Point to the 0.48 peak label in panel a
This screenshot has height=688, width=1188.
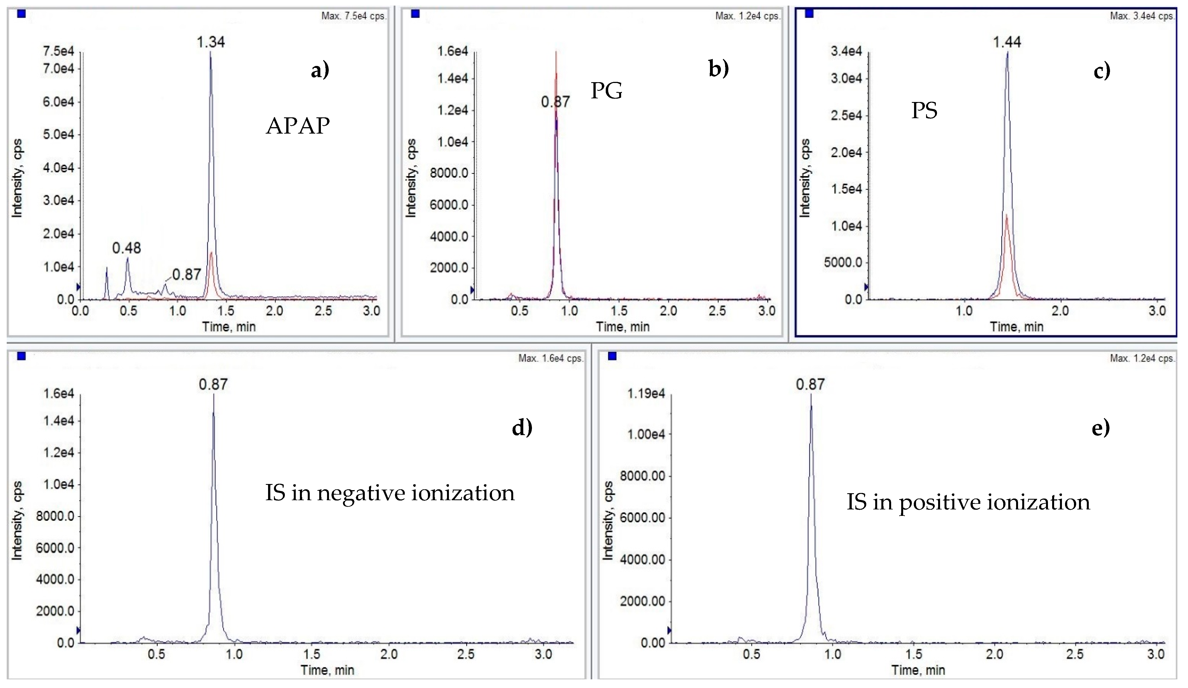click(x=126, y=248)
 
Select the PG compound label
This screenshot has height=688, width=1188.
click(x=606, y=91)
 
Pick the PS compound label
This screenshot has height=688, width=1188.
click(x=924, y=111)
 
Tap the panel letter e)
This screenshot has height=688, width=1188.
click(x=1100, y=427)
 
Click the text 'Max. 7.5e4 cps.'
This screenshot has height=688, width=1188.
click(x=354, y=16)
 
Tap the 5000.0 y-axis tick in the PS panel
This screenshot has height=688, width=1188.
click(x=843, y=262)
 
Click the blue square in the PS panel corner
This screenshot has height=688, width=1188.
click(x=809, y=14)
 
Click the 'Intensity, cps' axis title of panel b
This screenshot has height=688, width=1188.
click(x=411, y=178)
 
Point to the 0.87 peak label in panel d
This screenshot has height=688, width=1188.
click(x=213, y=385)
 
